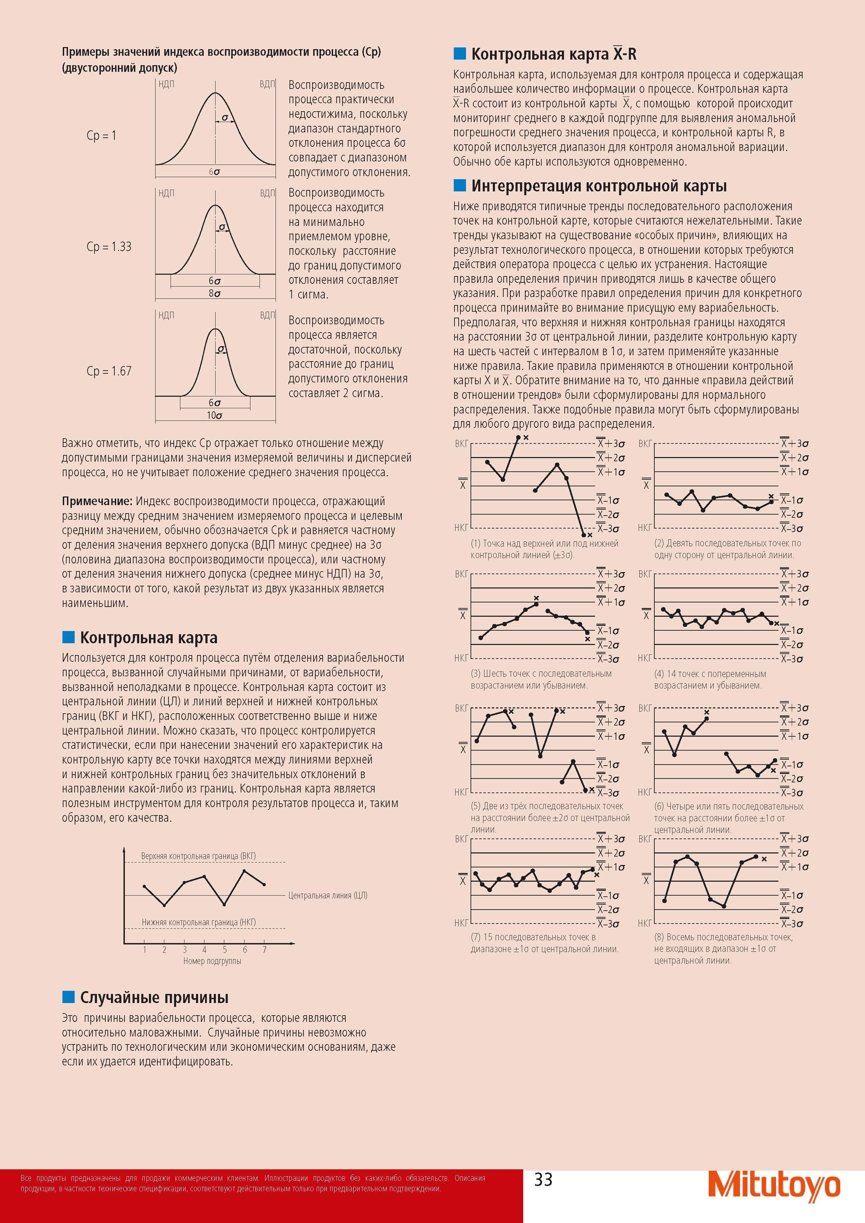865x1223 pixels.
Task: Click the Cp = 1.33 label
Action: pyautogui.click(x=109, y=246)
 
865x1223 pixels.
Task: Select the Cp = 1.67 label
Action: pyautogui.click(x=109, y=371)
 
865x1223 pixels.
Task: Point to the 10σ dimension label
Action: pyautogui.click(x=215, y=416)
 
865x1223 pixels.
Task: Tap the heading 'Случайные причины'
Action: pyautogui.click(x=154, y=997)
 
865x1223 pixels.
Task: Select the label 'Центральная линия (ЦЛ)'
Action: pyautogui.click(x=328, y=895)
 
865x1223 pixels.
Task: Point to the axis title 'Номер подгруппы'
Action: pyautogui.click(x=212, y=961)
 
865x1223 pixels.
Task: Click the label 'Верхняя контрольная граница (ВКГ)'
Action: pyautogui.click(x=198, y=856)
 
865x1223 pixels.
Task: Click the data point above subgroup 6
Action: pyautogui.click(x=244, y=871)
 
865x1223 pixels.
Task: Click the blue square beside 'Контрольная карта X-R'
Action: pyautogui.click(x=459, y=53)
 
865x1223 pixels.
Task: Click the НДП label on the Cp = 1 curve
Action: pyautogui.click(x=166, y=84)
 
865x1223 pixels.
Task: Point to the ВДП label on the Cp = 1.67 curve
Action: pyautogui.click(x=268, y=316)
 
